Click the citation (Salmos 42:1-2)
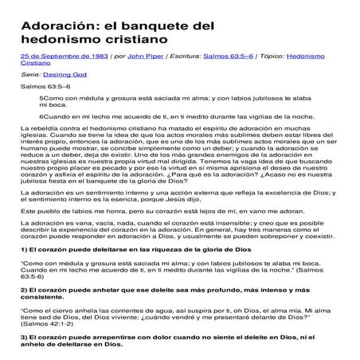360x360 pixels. tap(50, 337)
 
